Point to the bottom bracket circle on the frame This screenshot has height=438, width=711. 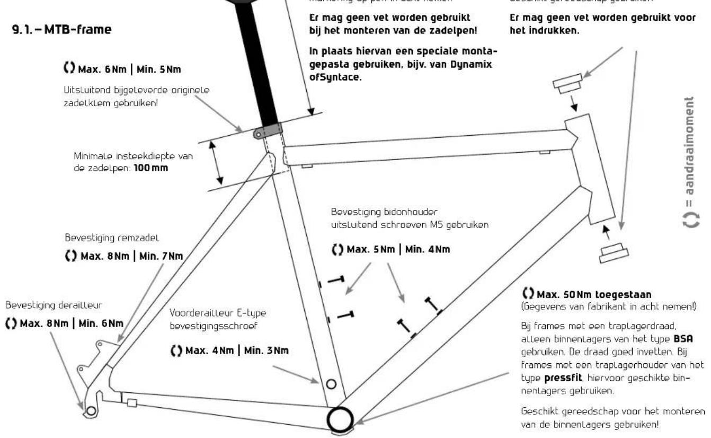tap(338, 418)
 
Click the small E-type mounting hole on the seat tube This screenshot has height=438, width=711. tap(331, 383)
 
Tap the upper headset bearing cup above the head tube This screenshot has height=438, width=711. tap(568, 83)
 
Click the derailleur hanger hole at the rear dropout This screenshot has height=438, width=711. tap(91, 410)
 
